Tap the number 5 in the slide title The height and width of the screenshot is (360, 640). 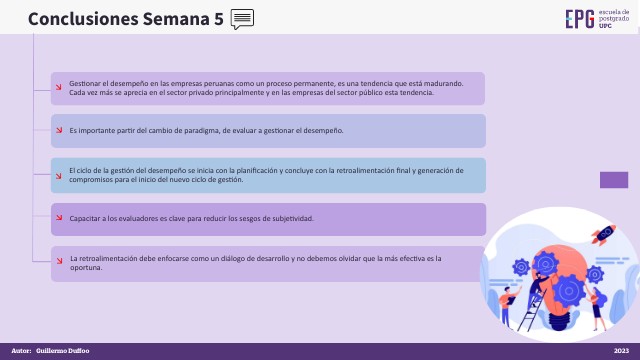coord(218,19)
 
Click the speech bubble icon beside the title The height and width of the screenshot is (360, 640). coord(242,18)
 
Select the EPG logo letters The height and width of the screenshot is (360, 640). coord(579,19)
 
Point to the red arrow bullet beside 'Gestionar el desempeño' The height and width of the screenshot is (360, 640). coord(59,88)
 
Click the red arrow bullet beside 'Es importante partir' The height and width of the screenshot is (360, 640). coord(59,131)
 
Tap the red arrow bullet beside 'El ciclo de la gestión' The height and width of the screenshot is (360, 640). coord(59,175)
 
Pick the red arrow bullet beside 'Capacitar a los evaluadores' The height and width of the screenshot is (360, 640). coord(59,219)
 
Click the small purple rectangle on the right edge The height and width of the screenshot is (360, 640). coord(613,180)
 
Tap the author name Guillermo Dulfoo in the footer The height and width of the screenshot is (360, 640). coord(63,351)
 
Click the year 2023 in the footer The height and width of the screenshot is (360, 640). coord(621,351)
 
